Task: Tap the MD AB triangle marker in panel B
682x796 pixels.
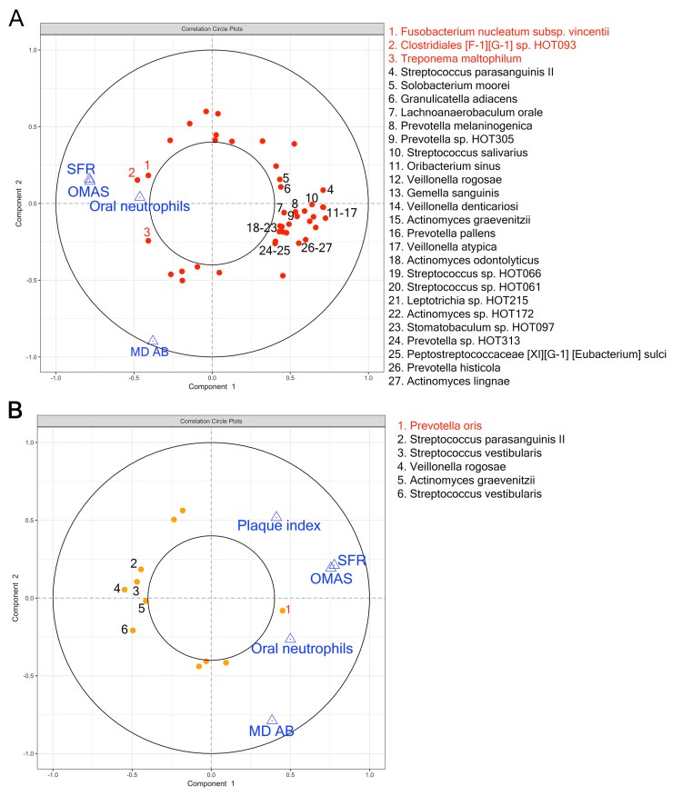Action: click(272, 720)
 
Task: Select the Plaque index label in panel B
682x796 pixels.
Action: click(278, 526)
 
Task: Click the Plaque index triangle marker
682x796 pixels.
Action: click(276, 516)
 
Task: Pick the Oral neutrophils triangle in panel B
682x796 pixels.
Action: click(290, 638)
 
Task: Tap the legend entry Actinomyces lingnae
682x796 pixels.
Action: click(456, 382)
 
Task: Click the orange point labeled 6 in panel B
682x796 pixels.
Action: click(133, 631)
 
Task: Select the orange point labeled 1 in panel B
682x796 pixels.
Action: click(283, 611)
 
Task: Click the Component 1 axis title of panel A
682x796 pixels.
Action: click(211, 387)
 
